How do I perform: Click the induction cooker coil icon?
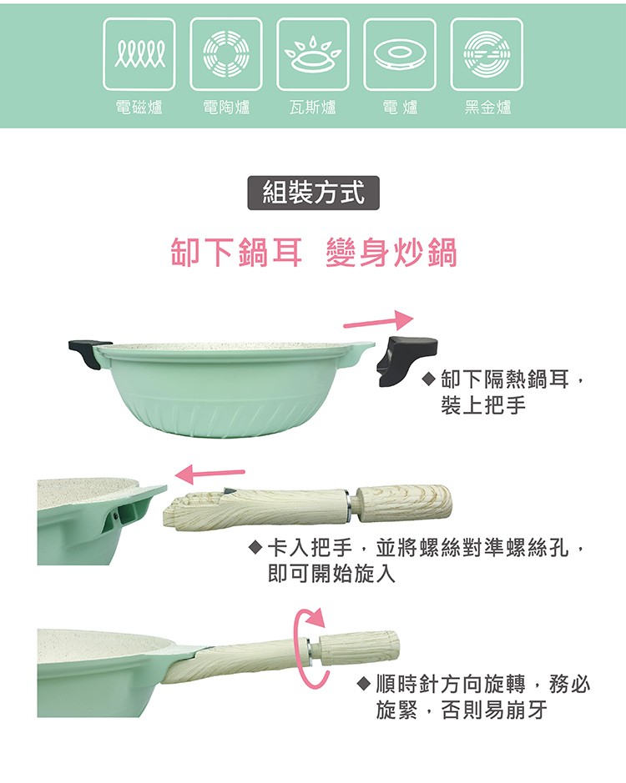point(139,54)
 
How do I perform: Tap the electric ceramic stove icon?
point(226,54)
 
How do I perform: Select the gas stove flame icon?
point(313,54)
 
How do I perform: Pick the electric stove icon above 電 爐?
point(400,54)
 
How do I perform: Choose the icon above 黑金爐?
point(487,54)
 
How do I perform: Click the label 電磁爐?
point(139,108)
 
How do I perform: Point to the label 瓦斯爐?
point(313,108)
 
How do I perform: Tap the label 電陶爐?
point(226,108)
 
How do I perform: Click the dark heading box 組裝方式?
point(314,193)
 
